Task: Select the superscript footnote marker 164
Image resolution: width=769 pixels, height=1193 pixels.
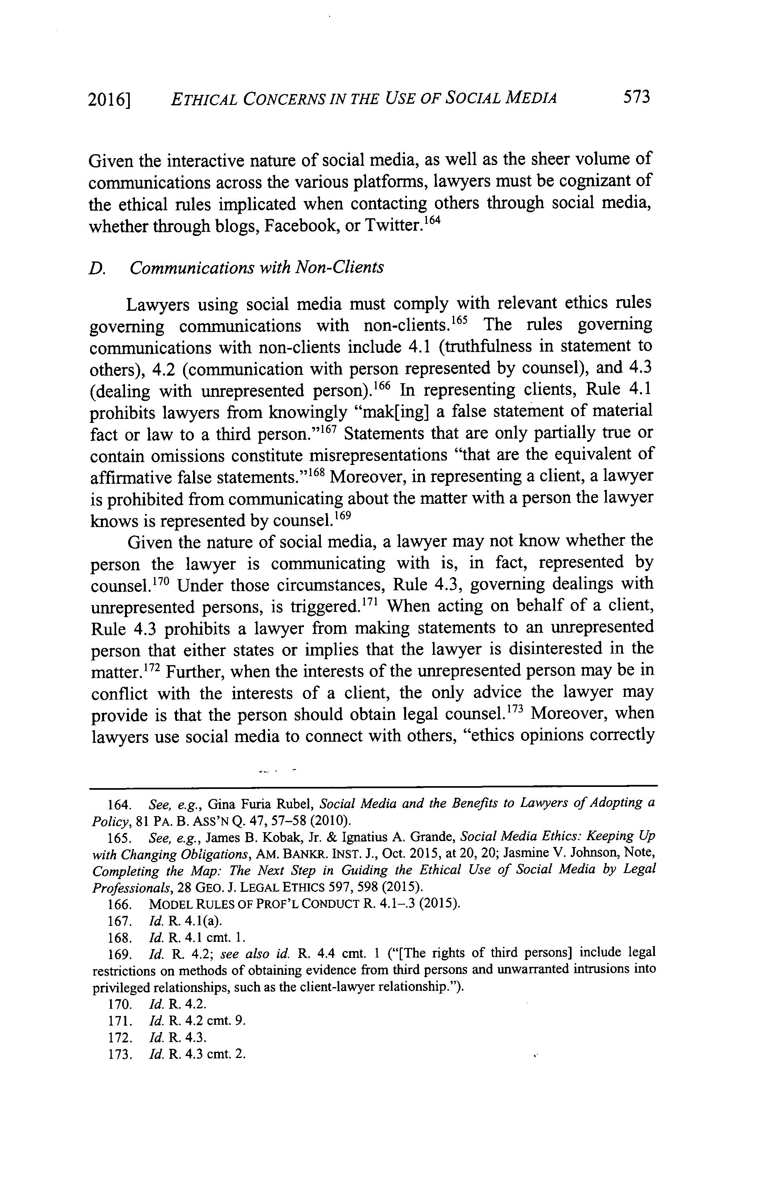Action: pyautogui.click(x=431, y=219)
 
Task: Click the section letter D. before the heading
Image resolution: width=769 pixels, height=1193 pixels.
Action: pyautogui.click(x=97, y=268)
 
